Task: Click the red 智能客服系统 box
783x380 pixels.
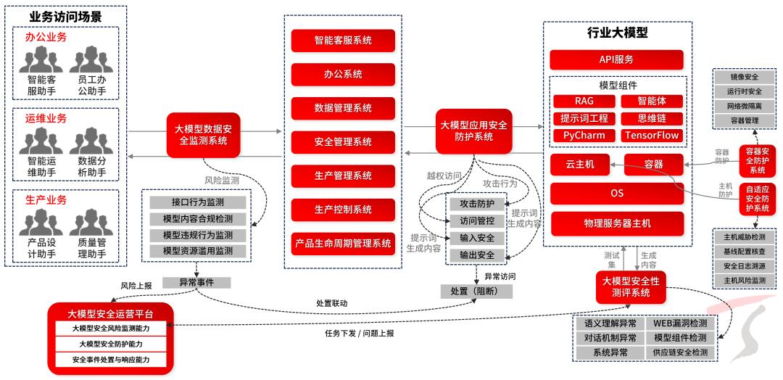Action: [x=343, y=41]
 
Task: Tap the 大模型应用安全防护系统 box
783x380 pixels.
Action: [x=472, y=131]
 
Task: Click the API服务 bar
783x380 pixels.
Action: [x=616, y=59]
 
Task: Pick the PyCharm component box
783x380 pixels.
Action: [x=584, y=136]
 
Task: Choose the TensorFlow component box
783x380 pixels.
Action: [x=652, y=136]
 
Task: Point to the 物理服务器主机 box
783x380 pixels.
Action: [x=617, y=223]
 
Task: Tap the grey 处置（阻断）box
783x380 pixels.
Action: [x=476, y=291]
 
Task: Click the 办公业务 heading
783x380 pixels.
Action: [x=46, y=37]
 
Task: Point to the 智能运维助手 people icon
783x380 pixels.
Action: [x=41, y=141]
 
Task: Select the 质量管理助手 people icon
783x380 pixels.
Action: [x=91, y=223]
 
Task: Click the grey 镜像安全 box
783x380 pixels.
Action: [x=743, y=77]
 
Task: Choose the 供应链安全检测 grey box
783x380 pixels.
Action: [x=680, y=352]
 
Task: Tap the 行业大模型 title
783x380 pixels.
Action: [x=617, y=33]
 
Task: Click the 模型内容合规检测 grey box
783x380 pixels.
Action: [x=198, y=218]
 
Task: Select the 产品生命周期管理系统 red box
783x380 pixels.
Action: [x=343, y=244]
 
